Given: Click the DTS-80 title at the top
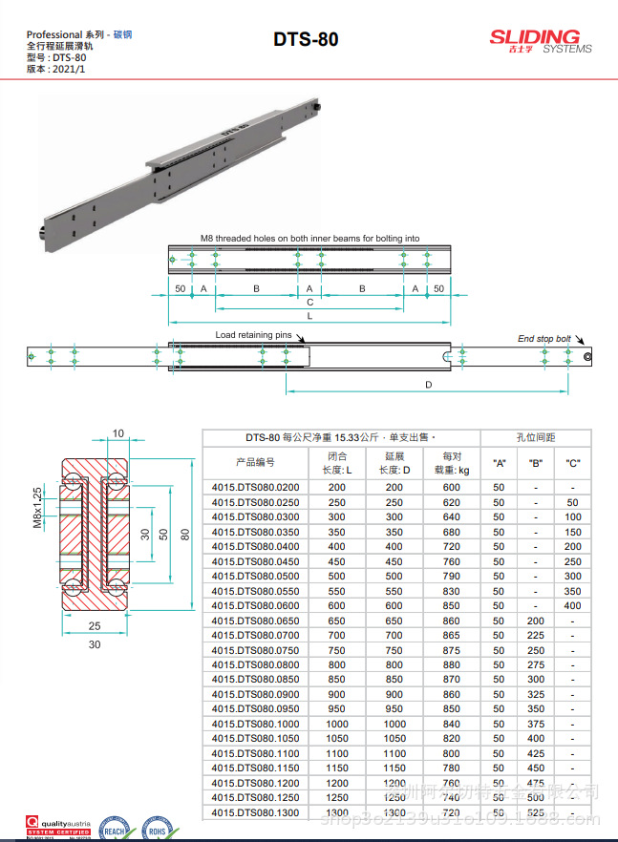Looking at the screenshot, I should (x=305, y=40).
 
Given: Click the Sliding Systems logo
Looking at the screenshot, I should (x=540, y=41).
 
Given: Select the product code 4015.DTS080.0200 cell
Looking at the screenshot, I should (x=255, y=487).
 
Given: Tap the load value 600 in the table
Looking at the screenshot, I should (x=451, y=487).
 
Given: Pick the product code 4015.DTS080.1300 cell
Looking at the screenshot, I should (x=255, y=812).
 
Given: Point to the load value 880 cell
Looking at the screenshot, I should (x=451, y=665).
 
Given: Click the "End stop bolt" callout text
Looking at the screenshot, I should (x=543, y=338).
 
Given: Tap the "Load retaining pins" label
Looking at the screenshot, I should (x=253, y=335).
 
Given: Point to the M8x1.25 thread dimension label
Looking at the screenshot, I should (x=38, y=507).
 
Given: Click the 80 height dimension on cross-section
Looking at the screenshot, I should (x=187, y=533).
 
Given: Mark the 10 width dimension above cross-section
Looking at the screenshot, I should (x=117, y=433).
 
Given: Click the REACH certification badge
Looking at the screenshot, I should (x=115, y=827).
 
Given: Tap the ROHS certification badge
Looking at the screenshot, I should (x=155, y=827).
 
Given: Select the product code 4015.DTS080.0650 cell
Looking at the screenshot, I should (x=255, y=621).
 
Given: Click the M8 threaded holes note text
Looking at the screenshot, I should (x=309, y=238).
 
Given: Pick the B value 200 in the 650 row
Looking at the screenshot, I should (x=536, y=621).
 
